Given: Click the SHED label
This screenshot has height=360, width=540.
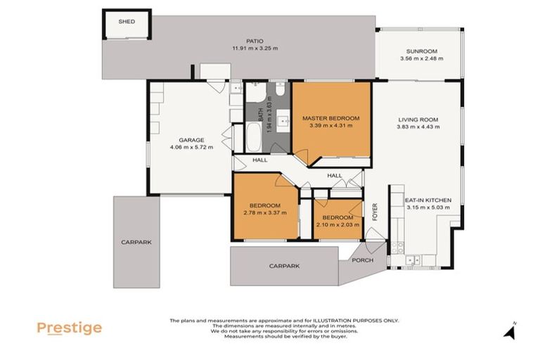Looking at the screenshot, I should tap(127, 22).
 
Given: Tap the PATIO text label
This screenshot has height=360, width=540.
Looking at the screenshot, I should tap(255, 41).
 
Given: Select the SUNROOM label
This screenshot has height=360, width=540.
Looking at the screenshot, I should tap(422, 51).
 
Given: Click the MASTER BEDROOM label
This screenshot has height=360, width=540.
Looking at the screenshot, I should tap(331, 118).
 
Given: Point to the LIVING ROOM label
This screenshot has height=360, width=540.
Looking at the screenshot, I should tap(418, 120).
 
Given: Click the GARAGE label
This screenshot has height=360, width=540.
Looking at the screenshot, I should tap(191, 140).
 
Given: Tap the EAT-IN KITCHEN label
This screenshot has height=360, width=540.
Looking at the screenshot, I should tap(428, 200).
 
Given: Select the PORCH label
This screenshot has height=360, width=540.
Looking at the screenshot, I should tap(363, 261).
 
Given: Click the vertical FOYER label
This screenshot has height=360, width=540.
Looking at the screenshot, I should tap(375, 212).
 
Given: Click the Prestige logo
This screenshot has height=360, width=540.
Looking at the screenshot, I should tap(69, 328).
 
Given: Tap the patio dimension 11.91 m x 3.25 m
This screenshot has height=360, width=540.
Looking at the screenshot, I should tap(255, 49).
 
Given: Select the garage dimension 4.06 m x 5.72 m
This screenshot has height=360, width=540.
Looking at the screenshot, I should tap(191, 148).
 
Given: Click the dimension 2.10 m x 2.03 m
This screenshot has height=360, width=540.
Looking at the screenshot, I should tap(338, 225).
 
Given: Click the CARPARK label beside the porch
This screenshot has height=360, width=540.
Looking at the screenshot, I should tap(284, 266).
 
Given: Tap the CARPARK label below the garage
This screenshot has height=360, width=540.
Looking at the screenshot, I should tap(136, 242).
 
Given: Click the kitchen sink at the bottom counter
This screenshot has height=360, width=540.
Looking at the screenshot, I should tap(414, 259).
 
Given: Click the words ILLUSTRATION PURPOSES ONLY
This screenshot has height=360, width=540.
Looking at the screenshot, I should tap(356, 320).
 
